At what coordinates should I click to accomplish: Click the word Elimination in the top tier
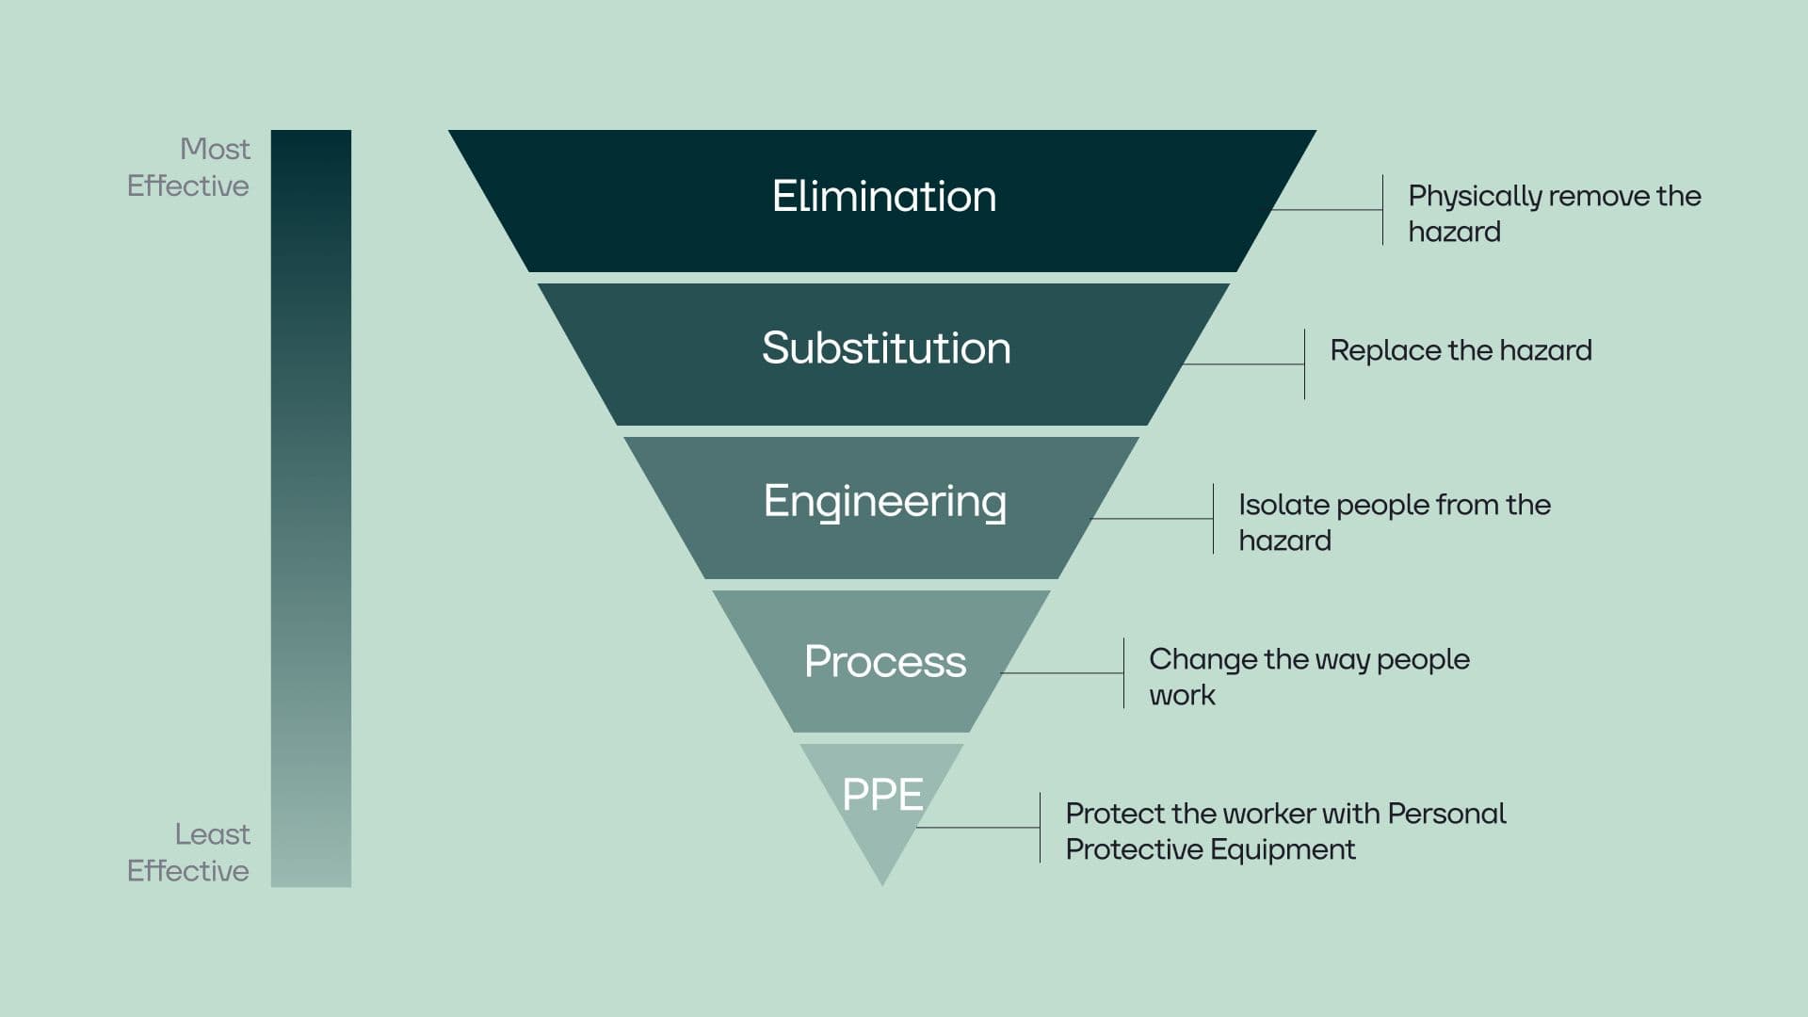click(883, 197)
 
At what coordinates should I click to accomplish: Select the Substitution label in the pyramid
click(885, 348)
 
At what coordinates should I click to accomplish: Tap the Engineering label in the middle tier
click(884, 501)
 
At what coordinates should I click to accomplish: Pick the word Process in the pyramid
click(884, 661)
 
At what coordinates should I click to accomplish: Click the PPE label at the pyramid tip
click(882, 794)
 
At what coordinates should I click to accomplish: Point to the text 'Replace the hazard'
click(1460, 350)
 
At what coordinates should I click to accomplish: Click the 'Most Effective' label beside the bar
click(189, 168)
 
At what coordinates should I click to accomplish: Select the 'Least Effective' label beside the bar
click(189, 852)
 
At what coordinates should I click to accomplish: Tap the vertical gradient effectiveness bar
click(311, 508)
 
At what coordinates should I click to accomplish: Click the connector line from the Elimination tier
click(1328, 210)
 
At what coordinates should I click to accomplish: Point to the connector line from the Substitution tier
click(1243, 364)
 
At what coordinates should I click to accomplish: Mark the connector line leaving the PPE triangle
click(979, 828)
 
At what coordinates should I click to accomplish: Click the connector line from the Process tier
click(1062, 673)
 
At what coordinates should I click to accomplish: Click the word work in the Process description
click(1182, 696)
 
